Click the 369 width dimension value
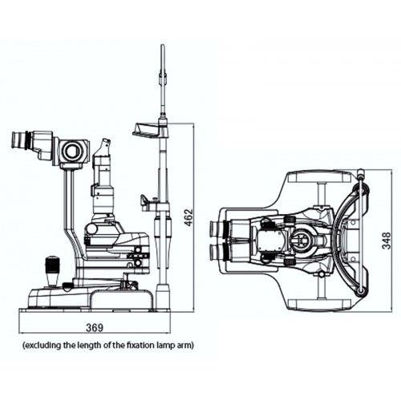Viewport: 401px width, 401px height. click(95, 328)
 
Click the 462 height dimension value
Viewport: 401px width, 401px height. click(188, 217)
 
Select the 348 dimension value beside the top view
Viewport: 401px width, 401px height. click(387, 241)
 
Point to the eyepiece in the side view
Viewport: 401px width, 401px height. click(20, 140)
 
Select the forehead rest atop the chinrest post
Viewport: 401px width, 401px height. click(147, 130)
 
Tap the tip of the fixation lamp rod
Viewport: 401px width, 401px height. click(163, 46)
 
